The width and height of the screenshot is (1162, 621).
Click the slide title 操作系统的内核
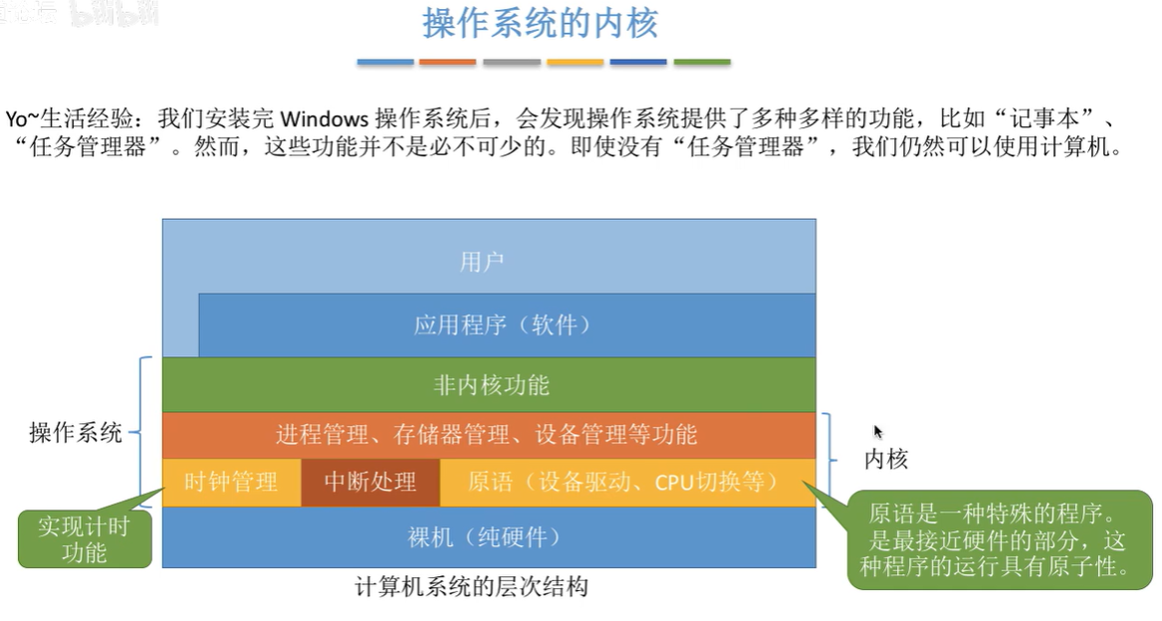541,24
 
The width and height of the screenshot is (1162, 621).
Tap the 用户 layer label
482,262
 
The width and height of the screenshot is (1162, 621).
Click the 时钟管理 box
231,483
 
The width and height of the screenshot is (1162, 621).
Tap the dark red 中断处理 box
369,483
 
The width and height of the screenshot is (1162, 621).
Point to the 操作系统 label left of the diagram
76,433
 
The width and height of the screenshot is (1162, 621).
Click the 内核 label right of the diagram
885,459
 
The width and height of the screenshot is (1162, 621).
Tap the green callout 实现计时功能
84,538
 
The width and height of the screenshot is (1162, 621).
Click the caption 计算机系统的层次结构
472,587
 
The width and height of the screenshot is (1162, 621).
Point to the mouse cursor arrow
877,430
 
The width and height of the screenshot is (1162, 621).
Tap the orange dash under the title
448,62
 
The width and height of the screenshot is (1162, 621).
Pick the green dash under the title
702,62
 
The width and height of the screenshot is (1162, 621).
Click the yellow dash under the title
576,62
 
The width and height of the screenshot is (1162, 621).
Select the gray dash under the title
512,62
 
